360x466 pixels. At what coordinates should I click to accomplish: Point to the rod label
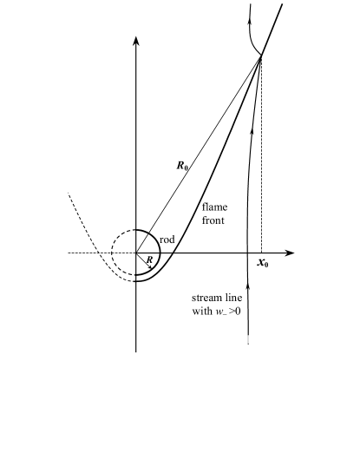168,239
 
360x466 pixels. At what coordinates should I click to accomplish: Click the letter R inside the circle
149,259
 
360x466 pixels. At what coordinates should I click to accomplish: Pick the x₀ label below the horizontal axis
263,263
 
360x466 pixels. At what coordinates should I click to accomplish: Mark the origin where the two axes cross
136,253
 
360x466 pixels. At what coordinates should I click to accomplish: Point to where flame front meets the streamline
260,57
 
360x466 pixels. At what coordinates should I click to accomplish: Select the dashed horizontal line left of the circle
87,253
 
